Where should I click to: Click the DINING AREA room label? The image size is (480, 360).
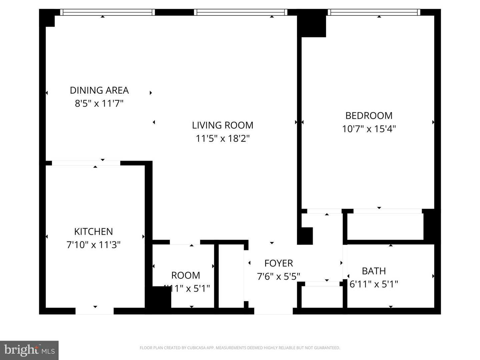tap(99, 90)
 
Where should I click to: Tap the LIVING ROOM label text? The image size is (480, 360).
tap(222, 125)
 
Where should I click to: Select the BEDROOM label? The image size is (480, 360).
tap(369, 116)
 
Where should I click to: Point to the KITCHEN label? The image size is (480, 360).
tap(93, 232)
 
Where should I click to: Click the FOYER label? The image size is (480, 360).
tap(278, 263)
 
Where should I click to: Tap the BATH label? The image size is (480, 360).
tap(374, 271)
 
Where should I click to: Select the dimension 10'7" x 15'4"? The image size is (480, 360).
tap(369, 129)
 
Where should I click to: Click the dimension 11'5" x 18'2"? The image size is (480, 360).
tap(222, 138)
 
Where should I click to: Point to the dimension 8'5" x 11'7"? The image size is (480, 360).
tap(99, 103)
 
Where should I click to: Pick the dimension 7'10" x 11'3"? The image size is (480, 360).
tap(93, 245)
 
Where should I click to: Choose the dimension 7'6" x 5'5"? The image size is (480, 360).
tap(278, 277)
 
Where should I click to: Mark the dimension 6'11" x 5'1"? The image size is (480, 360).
tap(374, 284)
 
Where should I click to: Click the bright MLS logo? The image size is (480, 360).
tap(29, 350)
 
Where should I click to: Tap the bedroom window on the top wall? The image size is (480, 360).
tap(374, 12)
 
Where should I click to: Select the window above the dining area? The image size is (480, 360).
tap(107, 12)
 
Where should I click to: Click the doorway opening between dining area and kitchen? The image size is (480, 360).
tap(86, 163)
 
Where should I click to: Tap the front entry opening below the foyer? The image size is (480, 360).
tap(273, 311)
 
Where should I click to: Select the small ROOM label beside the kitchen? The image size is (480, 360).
tap(185, 275)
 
